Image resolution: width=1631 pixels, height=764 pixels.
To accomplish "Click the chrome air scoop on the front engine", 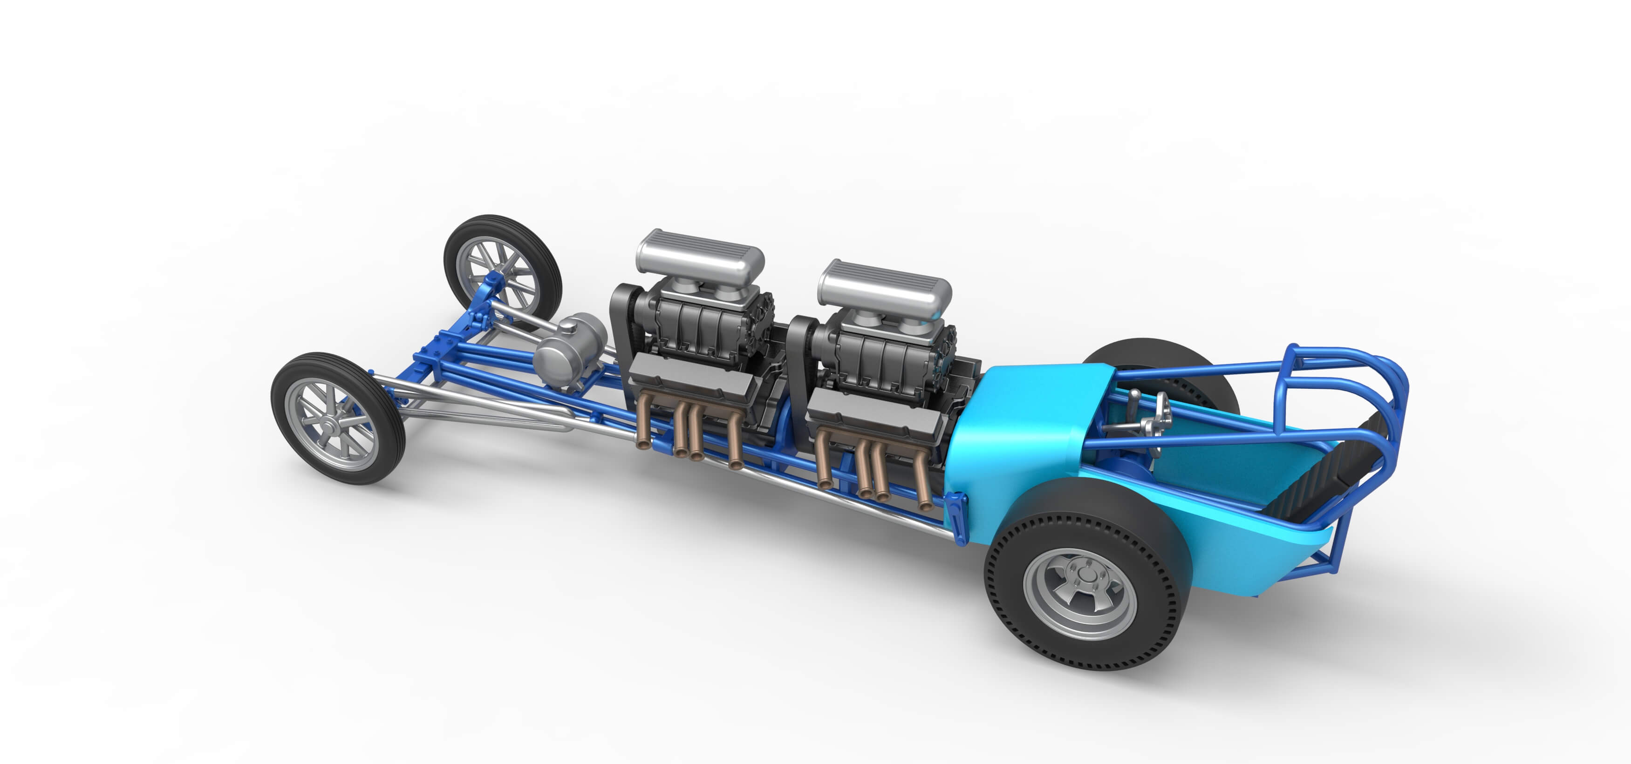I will pos(700,257).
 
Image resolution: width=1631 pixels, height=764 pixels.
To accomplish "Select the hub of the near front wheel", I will pos(332,419).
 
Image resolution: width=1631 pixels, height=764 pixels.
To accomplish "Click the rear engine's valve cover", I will pos(874,412).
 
